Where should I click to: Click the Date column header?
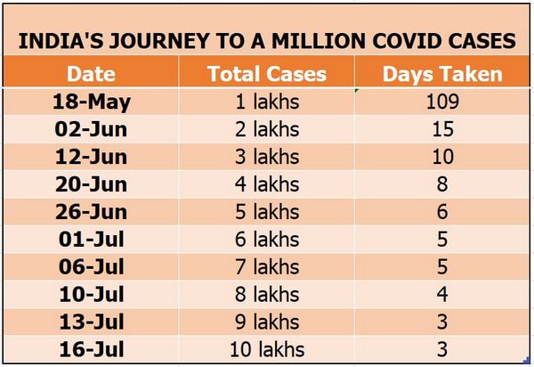tap(91, 74)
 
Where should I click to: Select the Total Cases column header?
tap(266, 74)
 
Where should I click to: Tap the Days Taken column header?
tap(442, 74)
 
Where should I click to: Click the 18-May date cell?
tap(91, 102)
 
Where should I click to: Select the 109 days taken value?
tap(442, 102)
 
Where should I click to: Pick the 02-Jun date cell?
tap(91, 129)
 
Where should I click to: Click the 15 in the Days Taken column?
tap(442, 129)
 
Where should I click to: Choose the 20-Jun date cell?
tap(91, 184)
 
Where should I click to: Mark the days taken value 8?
tap(442, 184)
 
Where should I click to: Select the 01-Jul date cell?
tap(91, 240)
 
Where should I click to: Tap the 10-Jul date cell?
tap(91, 295)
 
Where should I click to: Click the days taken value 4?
tap(442, 295)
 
